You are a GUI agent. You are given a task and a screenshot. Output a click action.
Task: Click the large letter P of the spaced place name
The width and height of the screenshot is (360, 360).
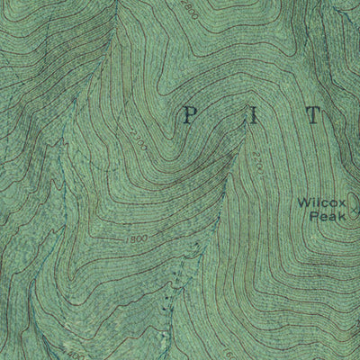point(189,114)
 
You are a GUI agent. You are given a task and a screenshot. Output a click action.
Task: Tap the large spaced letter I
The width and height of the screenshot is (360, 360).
point(249,114)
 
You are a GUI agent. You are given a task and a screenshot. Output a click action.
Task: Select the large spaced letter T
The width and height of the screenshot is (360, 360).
point(312,115)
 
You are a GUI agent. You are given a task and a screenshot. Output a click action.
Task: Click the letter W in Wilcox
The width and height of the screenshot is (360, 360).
point(304,202)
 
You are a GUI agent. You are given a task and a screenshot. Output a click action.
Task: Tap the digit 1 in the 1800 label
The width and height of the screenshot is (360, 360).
point(129,239)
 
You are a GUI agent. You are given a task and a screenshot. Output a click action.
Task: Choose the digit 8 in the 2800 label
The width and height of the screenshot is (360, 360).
point(185,8)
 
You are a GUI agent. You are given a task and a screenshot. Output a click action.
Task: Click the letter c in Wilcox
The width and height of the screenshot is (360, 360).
point(322,202)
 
